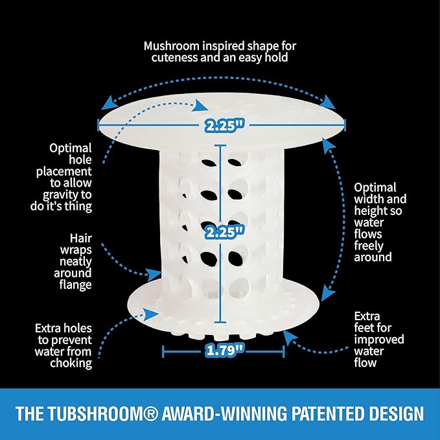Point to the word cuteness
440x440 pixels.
coord(174,58)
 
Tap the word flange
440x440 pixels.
coord(75,285)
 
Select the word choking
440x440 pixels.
coord(71,364)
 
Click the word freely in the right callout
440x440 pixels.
coord(369,246)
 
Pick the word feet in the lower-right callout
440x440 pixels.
coord(364,328)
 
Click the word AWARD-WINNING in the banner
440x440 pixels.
coord(224,413)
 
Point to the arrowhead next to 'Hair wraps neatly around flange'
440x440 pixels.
coord(155,274)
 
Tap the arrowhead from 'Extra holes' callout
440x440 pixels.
coord(151,313)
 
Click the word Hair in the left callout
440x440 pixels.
coord(81,238)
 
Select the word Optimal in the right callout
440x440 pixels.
coord(375,188)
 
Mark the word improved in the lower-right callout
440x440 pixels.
coord(379,340)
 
